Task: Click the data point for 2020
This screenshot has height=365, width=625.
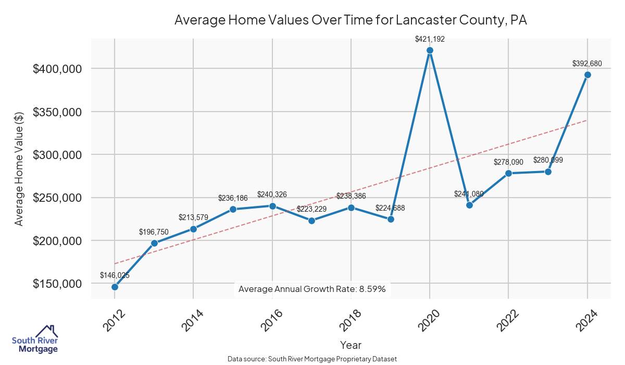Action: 430,50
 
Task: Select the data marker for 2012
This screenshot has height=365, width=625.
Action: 115,287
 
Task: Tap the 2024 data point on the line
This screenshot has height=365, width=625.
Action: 587,75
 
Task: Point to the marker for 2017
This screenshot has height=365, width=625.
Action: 311,221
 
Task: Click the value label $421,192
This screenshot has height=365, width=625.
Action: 430,39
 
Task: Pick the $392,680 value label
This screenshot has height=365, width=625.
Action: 587,64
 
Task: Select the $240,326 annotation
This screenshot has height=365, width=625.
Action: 272,194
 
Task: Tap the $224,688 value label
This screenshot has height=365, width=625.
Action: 390,208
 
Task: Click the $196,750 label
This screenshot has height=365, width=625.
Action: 154,232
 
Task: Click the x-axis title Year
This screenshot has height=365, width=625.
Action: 351,345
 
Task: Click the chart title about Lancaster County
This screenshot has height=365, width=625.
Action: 351,20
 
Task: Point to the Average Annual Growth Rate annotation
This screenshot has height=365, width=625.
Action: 312,289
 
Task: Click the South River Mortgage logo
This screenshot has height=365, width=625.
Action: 35,340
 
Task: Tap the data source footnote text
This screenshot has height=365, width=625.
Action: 312,359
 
